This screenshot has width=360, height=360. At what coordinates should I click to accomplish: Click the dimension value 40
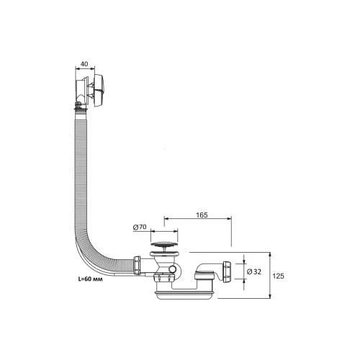(x=84, y=64)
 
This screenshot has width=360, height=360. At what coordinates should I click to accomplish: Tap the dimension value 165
(x=202, y=215)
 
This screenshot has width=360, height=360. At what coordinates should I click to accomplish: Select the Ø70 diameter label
(x=140, y=227)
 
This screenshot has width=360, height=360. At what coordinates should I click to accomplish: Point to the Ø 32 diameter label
(x=254, y=271)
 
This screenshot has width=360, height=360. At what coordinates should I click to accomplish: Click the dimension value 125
(x=278, y=276)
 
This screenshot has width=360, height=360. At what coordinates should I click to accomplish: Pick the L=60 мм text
(x=90, y=279)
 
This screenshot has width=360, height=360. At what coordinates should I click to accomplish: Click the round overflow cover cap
(x=99, y=91)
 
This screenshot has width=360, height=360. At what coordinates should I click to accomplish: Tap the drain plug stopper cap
(x=164, y=245)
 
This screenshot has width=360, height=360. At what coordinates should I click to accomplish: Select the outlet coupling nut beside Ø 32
(x=227, y=271)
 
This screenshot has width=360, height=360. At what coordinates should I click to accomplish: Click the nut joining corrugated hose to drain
(x=137, y=266)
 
